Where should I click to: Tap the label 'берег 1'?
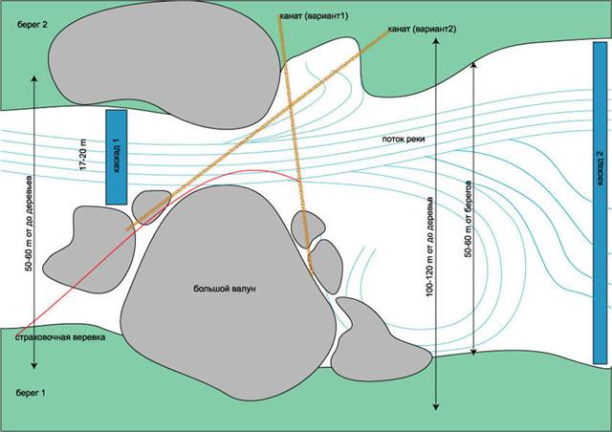pyautogui.click(x=31, y=393)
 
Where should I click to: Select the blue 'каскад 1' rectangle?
pyautogui.click(x=117, y=156)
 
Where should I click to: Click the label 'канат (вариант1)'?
pyautogui.click(x=312, y=15)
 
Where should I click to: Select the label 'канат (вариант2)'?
pyautogui.click(x=423, y=30)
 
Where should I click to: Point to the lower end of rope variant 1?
pyautogui.click(x=310, y=271)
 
